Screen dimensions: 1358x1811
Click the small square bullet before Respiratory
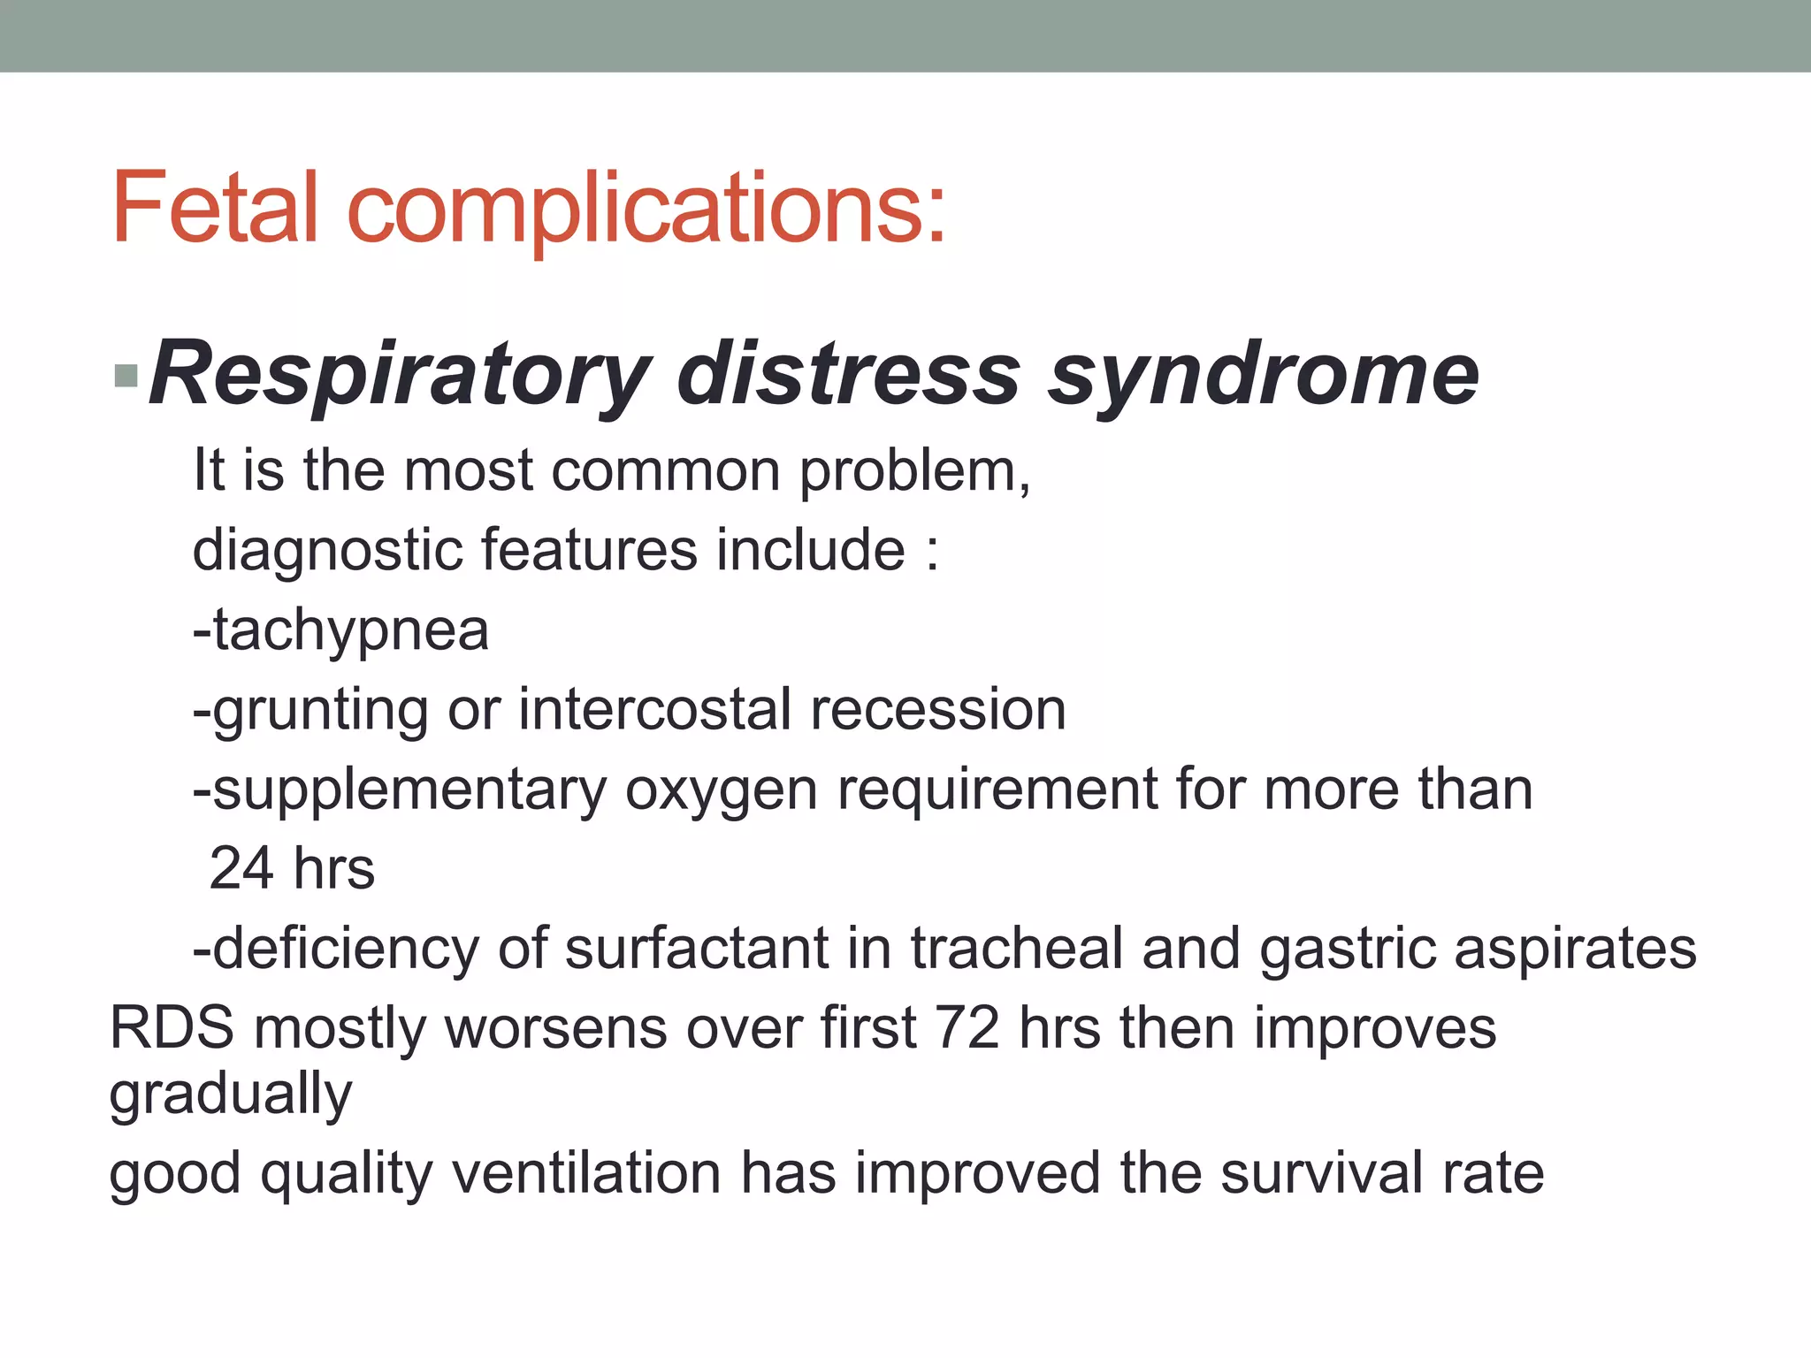pyautogui.click(x=126, y=376)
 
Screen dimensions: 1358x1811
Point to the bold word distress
pyautogui.click(x=848, y=376)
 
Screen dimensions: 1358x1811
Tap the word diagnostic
pyautogui.click(x=328, y=552)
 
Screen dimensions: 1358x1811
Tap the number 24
pyautogui.click(x=241, y=868)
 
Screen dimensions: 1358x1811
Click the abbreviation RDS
pyautogui.click(x=172, y=1028)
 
